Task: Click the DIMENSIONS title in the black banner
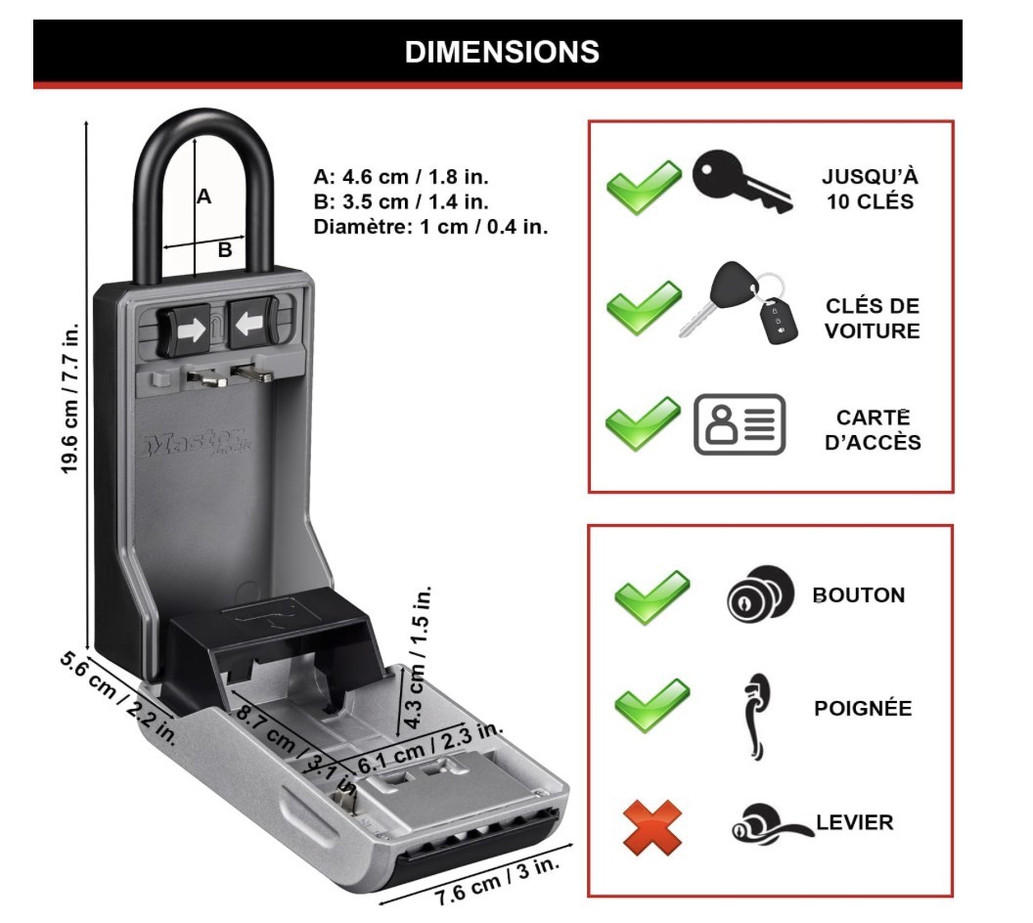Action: pyautogui.click(x=502, y=51)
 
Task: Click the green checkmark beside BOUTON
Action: pyautogui.click(x=651, y=595)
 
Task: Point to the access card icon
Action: pyautogui.click(x=740, y=424)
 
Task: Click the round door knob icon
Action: pyautogui.click(x=752, y=595)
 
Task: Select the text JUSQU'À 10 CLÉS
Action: pyautogui.click(x=870, y=190)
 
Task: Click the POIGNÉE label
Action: pyautogui.click(x=863, y=708)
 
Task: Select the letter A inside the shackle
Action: pyautogui.click(x=203, y=197)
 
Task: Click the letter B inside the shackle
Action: pyautogui.click(x=224, y=250)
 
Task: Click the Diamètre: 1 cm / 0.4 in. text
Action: pyautogui.click(x=430, y=227)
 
